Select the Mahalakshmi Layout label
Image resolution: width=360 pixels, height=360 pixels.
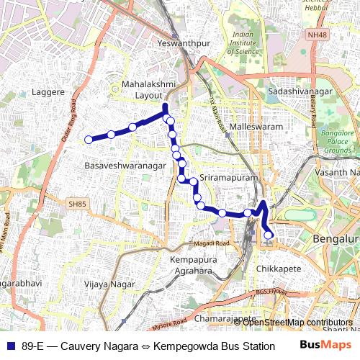point(148,89)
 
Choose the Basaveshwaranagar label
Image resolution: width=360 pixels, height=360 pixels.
point(125,166)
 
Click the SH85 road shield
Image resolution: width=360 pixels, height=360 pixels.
point(77,204)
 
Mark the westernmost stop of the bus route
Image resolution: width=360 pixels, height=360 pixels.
point(89,140)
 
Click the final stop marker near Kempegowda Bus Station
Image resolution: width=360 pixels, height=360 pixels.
point(269,235)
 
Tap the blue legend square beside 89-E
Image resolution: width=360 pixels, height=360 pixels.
point(9,345)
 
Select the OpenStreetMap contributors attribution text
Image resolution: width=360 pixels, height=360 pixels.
point(297,322)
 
